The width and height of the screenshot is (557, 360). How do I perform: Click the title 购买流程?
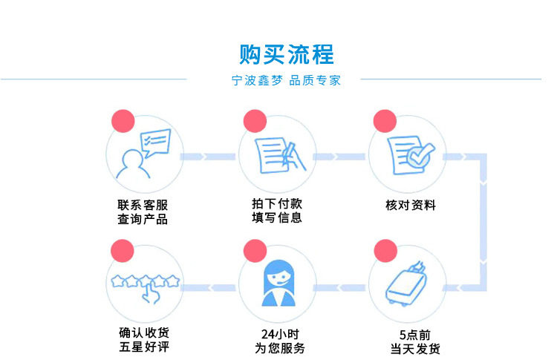[x=287, y=54]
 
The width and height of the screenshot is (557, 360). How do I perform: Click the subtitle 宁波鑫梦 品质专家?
[x=287, y=81]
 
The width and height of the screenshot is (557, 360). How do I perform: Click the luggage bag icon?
[x=406, y=284]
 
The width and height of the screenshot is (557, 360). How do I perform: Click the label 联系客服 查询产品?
[x=143, y=212]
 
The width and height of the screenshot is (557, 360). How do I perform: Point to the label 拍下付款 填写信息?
[x=277, y=211]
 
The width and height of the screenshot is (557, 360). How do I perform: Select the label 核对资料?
[x=411, y=205]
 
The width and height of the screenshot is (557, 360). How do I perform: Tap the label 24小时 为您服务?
[x=280, y=341]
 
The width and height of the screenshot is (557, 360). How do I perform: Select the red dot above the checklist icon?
[x=385, y=120]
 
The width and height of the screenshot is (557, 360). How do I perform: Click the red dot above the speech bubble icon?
[x=122, y=120]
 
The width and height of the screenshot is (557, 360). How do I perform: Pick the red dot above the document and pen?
[x=254, y=120]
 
